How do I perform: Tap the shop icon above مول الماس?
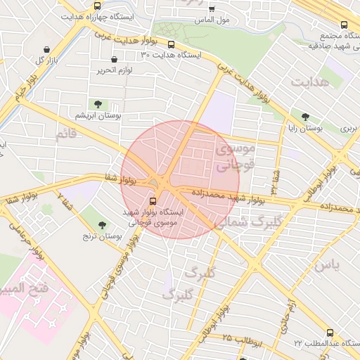tap(212, 10)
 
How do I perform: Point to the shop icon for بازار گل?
tap(46, 50)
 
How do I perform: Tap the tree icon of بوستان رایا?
tap(304, 117)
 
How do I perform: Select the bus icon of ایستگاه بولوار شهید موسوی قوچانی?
tap(153, 200)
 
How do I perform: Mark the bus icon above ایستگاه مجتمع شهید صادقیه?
tap(344, 23)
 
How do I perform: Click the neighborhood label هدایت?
tap(310, 82)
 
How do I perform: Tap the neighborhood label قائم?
tap(65, 133)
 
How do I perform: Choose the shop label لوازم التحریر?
tap(110, 70)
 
